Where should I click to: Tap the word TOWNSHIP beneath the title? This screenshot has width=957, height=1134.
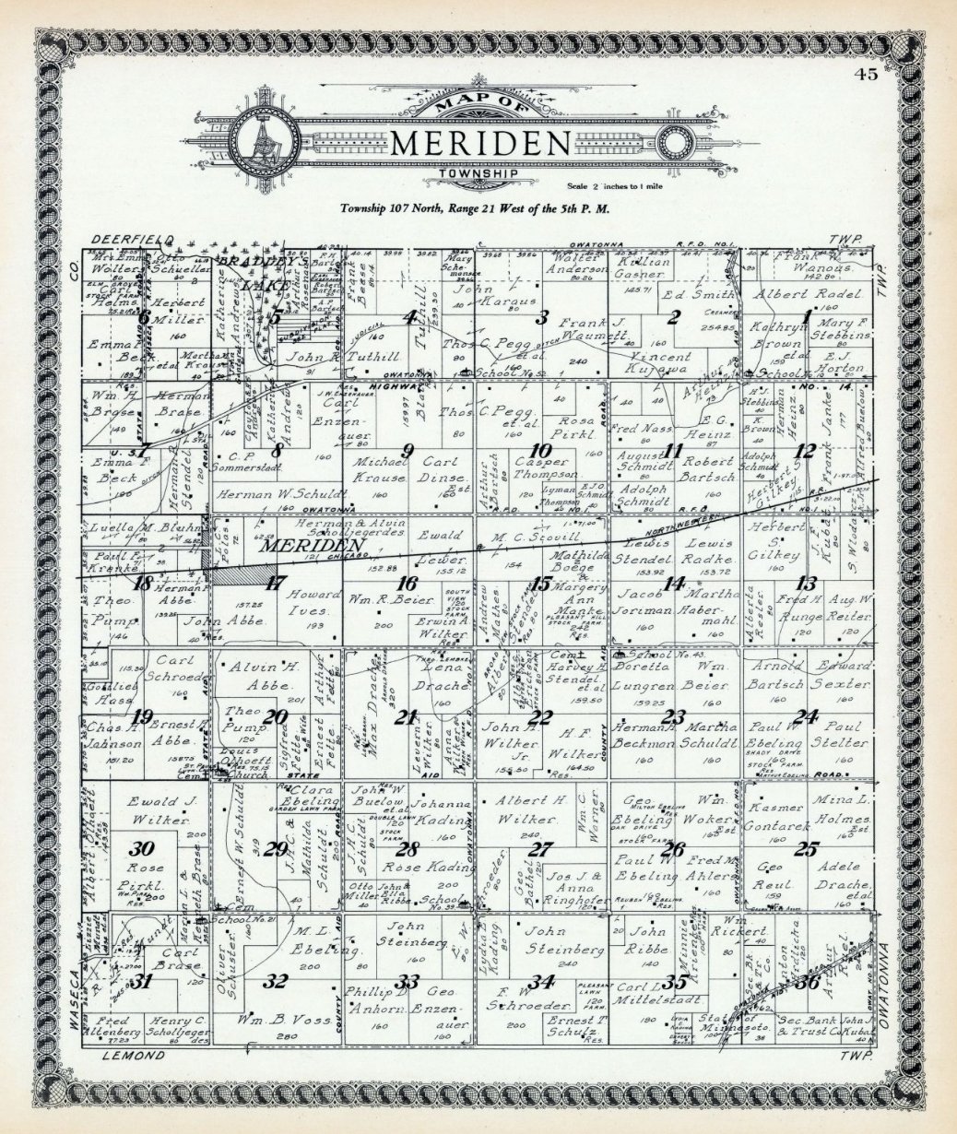[471, 173]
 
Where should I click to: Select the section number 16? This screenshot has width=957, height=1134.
[408, 584]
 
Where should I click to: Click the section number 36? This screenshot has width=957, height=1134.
[810, 981]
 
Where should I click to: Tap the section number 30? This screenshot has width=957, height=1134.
[141, 848]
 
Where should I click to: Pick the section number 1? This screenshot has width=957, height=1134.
[808, 317]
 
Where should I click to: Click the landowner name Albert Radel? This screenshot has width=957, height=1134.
[808, 294]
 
